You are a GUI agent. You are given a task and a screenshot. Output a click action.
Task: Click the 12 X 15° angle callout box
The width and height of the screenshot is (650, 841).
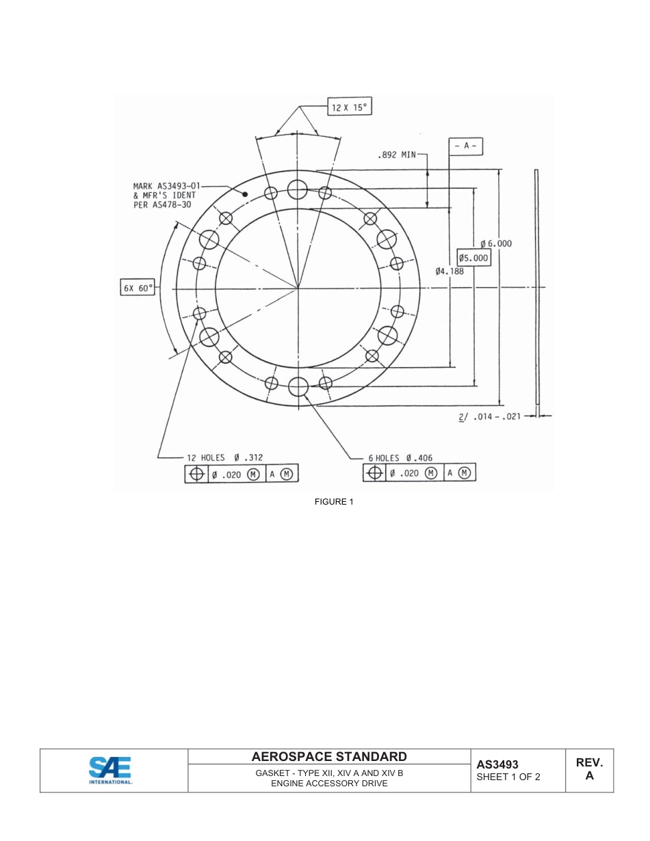349,108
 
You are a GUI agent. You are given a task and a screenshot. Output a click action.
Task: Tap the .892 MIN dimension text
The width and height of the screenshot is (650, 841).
396,155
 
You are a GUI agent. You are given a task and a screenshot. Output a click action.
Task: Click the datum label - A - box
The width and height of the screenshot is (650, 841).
466,146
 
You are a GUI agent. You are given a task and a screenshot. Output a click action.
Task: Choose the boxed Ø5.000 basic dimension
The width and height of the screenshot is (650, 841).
473,258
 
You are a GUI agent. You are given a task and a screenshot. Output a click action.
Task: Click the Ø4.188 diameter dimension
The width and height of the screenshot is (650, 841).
450,271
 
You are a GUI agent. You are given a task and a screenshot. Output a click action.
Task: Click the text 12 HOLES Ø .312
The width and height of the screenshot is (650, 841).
224,457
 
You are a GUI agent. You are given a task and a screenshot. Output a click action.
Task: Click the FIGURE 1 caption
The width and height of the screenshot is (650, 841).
334,502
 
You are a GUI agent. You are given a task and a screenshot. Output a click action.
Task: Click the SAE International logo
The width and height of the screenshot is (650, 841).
111,771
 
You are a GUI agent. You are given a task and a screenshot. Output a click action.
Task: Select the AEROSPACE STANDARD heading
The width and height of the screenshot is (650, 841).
329,756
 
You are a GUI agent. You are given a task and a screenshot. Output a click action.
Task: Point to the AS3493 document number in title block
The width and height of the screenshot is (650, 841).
497,764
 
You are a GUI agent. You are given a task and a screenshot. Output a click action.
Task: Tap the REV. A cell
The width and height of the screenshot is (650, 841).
589,769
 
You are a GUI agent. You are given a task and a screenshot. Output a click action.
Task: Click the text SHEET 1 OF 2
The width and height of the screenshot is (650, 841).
508,777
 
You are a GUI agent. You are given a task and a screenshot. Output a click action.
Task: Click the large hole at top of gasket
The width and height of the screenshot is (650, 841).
298,189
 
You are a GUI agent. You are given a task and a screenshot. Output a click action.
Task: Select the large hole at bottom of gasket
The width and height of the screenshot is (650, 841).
298,386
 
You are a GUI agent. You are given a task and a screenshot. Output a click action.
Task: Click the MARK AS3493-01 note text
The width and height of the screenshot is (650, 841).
166,195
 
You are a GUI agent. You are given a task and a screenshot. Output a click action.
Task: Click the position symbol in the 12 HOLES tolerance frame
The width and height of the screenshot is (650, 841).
196,474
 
